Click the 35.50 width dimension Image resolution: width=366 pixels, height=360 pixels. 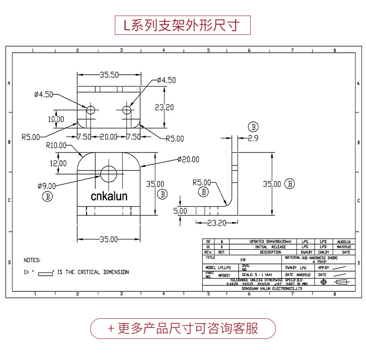109,75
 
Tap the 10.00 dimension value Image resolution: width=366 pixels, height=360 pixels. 56,119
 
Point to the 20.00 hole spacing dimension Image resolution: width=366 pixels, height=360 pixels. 108,137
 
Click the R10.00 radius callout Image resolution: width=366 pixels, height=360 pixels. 56,145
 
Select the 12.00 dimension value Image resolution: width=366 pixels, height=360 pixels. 58,163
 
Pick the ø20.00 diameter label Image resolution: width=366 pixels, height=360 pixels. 188,159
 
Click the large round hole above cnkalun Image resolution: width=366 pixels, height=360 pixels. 108,174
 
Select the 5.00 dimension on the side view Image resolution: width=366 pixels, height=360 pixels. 180,211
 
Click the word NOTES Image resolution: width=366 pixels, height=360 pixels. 32,260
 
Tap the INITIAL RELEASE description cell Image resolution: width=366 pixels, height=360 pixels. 270,246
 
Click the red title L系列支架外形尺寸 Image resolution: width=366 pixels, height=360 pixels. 183,24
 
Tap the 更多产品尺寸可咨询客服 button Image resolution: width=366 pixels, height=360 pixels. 183,328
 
